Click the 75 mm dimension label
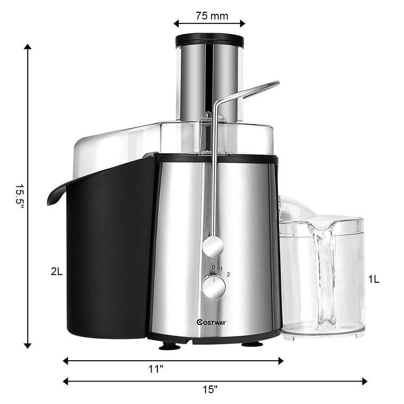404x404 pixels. coord(211,15)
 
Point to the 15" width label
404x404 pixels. coord(210,390)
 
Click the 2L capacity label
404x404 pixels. coord(57,271)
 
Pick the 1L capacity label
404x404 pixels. coord(374,279)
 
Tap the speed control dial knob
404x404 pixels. coord(213,287)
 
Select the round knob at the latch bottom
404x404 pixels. coord(213,246)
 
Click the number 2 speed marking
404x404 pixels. coord(228,274)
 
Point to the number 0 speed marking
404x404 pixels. coord(213,267)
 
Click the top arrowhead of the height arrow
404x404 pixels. coord(27,47)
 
